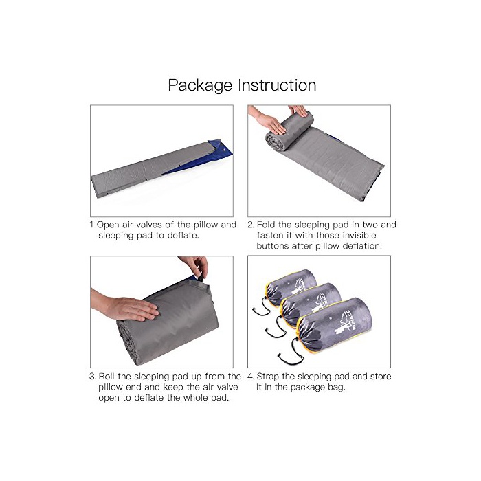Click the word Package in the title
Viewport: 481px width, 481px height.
pyautogui.click(x=200, y=86)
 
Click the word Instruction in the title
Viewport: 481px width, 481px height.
pyautogui.click(x=278, y=85)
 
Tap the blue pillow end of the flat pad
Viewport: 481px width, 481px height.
pyautogui.click(x=219, y=150)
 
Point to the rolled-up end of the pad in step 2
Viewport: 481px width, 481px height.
pyautogui.click(x=289, y=131)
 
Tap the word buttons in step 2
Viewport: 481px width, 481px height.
pyautogui.click(x=273, y=246)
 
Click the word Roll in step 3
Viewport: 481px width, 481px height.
pyautogui.click(x=107, y=377)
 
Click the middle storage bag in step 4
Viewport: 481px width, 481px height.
pyautogui.click(x=311, y=304)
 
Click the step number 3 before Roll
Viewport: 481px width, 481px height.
pyautogui.click(x=92, y=377)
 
